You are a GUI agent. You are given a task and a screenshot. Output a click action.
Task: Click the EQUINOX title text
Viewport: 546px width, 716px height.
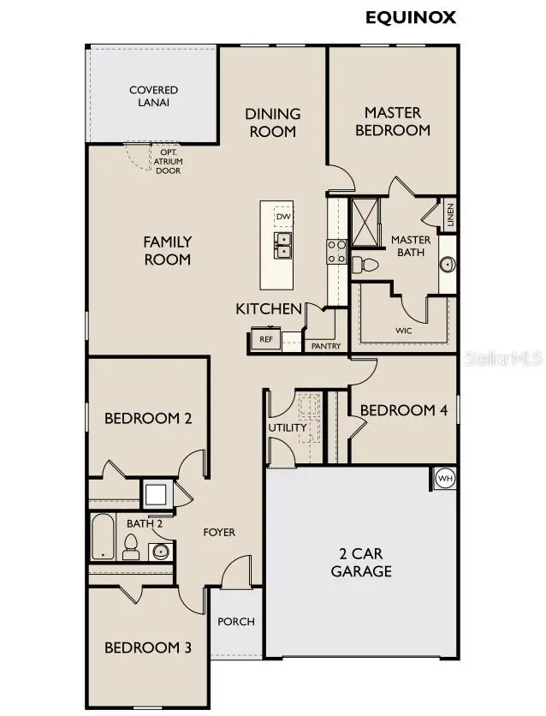point(411,16)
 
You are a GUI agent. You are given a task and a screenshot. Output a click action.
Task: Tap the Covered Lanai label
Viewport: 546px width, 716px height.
point(153,96)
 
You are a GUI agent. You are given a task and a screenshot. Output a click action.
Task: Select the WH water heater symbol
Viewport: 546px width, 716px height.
point(445,479)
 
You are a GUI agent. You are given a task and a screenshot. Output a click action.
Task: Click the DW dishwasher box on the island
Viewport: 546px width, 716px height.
point(282,216)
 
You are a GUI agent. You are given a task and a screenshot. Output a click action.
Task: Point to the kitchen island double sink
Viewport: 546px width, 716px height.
point(282,245)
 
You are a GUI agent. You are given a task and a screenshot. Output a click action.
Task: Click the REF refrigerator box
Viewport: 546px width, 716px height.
point(265,339)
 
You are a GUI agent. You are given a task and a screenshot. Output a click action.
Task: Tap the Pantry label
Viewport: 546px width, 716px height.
point(326,346)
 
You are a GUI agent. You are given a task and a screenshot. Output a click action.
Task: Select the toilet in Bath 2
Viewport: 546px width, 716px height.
point(131,546)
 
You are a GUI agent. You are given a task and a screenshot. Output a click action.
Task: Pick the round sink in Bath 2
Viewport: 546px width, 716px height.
point(161,551)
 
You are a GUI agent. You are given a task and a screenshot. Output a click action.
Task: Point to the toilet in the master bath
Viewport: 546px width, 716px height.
point(365,265)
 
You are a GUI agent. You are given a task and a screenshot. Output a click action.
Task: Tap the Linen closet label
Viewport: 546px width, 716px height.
point(450,216)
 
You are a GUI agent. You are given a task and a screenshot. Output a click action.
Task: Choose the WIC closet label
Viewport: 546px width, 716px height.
point(403,329)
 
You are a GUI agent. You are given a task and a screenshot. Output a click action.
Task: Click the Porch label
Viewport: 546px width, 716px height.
point(235,621)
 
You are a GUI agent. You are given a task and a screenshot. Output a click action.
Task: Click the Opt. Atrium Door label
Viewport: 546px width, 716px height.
point(168,161)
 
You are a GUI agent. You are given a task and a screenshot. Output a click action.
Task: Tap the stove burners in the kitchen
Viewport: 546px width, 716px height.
point(336,250)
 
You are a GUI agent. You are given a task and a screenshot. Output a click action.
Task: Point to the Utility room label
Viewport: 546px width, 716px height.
point(288,427)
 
